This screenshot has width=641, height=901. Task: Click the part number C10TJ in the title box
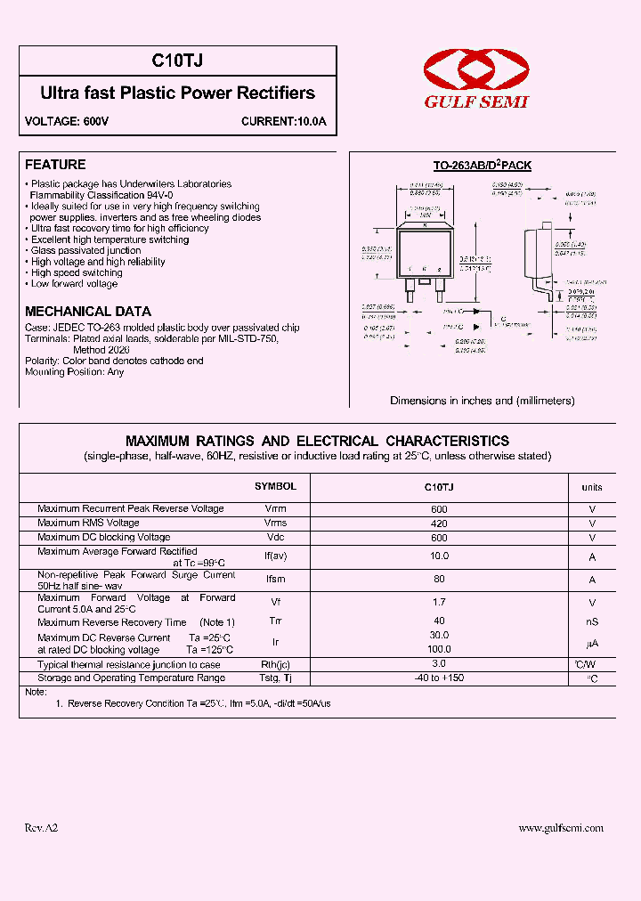177,61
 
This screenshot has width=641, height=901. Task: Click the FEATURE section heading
55,165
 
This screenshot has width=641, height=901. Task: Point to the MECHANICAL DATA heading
88,312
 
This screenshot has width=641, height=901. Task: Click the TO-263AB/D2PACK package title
482,166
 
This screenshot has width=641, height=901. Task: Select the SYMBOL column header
275,487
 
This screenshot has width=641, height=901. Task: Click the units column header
592,487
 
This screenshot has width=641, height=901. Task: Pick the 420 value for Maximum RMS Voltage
439,524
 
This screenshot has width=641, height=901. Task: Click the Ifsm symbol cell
275,580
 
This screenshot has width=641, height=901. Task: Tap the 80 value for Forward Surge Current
439,580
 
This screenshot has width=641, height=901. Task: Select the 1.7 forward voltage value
439,603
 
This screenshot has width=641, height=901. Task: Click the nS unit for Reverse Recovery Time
592,622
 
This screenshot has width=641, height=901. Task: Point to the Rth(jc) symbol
275,665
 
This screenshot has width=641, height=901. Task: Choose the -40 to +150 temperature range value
439,678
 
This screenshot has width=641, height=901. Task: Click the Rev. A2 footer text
41,828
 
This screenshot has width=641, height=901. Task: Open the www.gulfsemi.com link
561,828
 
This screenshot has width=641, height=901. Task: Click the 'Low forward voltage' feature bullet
74,284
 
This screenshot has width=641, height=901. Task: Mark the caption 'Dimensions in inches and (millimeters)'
483,401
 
